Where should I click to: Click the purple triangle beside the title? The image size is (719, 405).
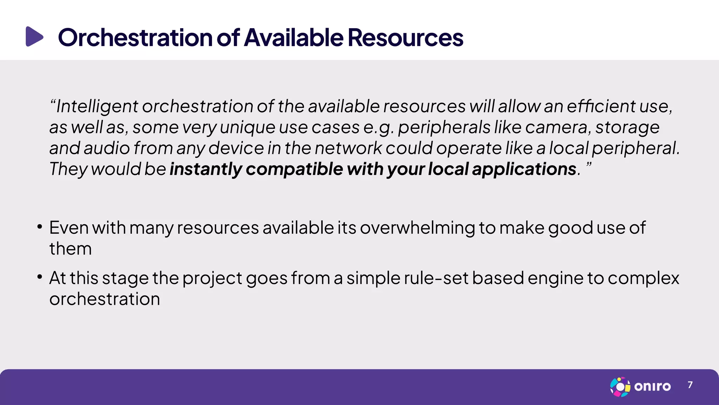point(34,37)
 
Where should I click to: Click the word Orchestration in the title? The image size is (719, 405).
point(135,38)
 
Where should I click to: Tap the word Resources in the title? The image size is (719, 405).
point(405,38)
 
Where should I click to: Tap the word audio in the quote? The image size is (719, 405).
point(107,148)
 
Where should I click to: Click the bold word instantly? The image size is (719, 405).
point(206,169)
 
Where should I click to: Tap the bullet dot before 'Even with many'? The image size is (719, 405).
point(40,227)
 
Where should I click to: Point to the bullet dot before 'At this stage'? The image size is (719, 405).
point(40,277)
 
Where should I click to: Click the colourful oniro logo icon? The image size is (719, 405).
point(620,387)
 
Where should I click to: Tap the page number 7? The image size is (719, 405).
point(690,385)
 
